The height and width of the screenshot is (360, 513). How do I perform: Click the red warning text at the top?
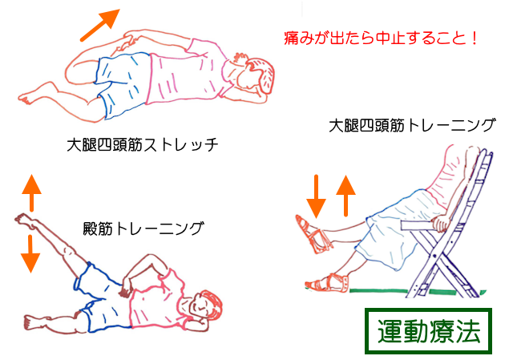coord(382,38)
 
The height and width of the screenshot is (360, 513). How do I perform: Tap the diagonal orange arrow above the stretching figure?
coord(99,26)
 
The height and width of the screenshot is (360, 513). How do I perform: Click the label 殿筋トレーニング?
coord(143,229)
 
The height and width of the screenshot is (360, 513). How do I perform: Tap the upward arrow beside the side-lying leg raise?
coord(30,193)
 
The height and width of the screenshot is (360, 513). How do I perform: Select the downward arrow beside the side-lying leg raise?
coord(30,251)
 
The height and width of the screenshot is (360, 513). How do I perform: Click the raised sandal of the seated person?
coord(313,232)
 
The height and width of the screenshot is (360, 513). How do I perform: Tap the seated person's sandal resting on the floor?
coord(325,283)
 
